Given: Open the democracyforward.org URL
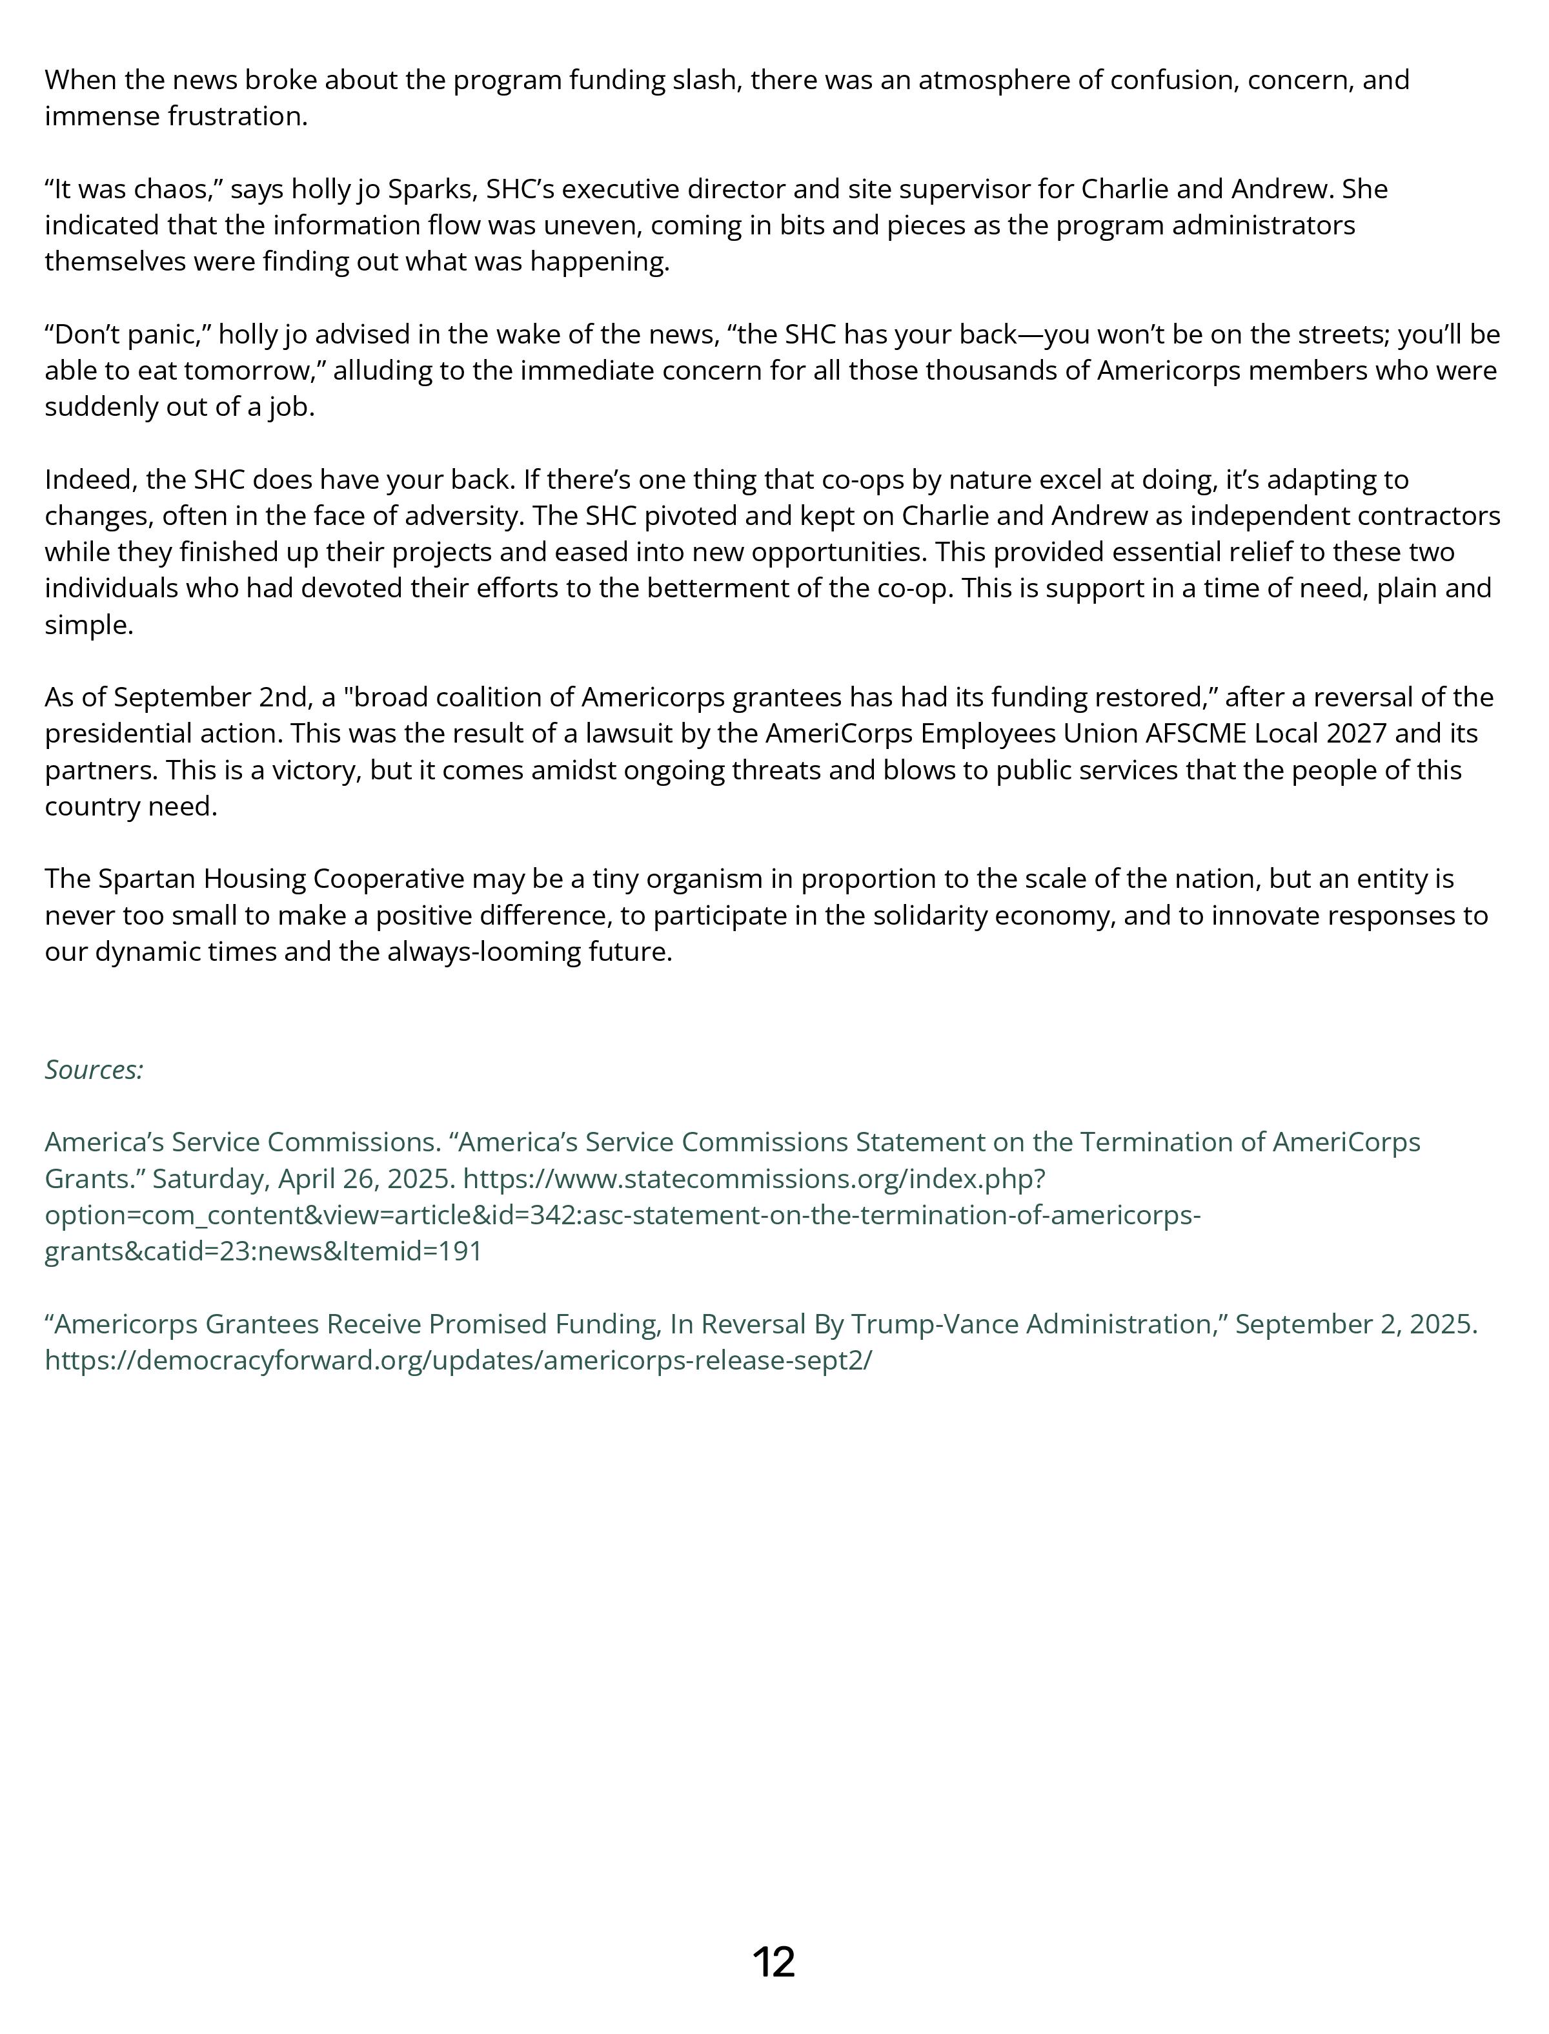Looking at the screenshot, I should click(x=458, y=1361).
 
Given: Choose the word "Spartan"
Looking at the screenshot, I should click(x=147, y=879).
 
